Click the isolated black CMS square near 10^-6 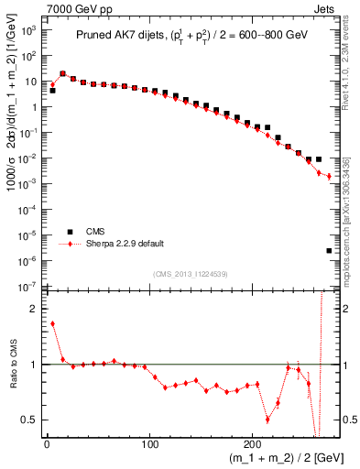point(329,250)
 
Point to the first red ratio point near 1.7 point(52,323)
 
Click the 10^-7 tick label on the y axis point(27,287)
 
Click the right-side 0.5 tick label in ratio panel point(349,420)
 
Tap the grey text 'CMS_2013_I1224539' point(191,273)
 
